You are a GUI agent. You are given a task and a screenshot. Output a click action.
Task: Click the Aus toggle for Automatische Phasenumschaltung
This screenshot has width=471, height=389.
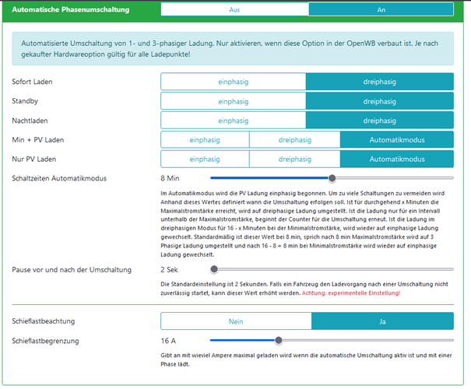(x=234, y=10)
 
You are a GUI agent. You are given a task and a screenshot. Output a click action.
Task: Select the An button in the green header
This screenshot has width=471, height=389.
(x=381, y=10)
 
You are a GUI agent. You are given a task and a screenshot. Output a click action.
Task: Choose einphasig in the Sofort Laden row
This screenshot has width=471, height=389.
(x=234, y=81)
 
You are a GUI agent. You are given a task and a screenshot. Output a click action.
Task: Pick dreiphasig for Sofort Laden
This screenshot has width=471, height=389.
(x=379, y=81)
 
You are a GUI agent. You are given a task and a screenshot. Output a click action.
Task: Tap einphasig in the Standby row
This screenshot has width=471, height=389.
(x=234, y=101)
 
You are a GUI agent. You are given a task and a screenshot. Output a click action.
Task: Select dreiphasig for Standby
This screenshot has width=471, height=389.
(x=379, y=101)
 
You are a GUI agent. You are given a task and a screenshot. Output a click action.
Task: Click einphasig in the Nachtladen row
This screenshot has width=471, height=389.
(x=234, y=121)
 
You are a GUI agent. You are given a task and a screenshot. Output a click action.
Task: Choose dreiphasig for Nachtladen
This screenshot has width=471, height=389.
(x=379, y=121)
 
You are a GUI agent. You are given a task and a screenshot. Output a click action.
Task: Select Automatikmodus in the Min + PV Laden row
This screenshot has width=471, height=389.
(x=397, y=140)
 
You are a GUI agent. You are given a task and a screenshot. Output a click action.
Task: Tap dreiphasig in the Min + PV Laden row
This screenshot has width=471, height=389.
(x=294, y=140)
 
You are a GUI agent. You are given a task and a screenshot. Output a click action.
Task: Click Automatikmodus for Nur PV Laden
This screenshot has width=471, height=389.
(x=397, y=159)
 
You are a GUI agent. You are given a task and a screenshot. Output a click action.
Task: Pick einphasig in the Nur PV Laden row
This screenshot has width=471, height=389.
(x=205, y=159)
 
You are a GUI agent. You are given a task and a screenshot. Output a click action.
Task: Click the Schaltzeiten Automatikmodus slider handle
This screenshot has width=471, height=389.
(x=332, y=178)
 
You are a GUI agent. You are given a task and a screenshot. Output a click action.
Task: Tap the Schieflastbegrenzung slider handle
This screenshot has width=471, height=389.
(x=278, y=340)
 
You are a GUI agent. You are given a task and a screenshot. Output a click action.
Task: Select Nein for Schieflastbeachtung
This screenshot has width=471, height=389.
(x=236, y=321)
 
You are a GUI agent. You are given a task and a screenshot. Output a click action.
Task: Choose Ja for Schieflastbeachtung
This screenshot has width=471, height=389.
(x=382, y=321)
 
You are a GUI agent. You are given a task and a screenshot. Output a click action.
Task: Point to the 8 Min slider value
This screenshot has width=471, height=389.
(x=170, y=178)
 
